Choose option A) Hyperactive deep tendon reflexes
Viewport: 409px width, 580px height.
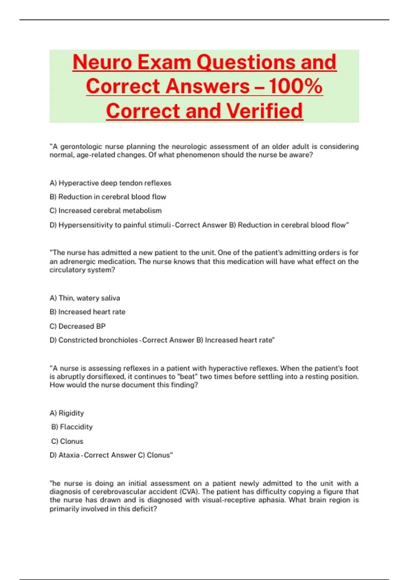[110, 183]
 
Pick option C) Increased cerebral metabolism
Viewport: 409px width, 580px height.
[106, 211]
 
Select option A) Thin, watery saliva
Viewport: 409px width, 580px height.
[85, 298]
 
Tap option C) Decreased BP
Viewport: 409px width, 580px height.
[78, 326]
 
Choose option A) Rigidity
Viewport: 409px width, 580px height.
[67, 413]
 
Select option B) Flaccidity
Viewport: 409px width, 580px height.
[72, 427]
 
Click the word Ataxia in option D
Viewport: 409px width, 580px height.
[69, 455]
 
